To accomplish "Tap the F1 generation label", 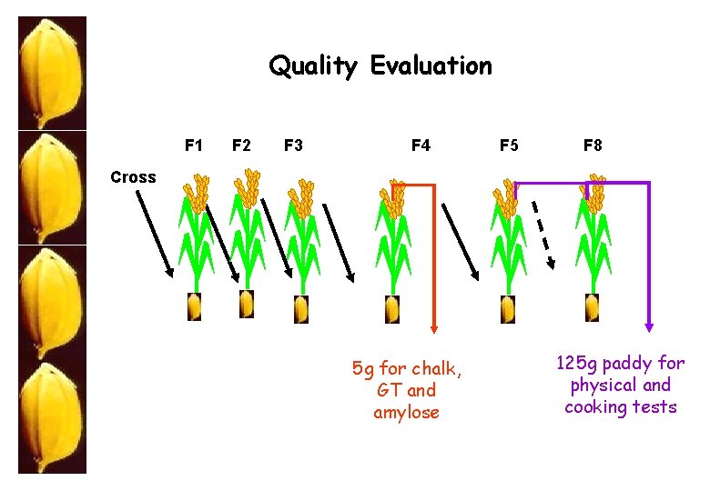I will click(x=194, y=145).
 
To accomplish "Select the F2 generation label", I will click(x=242, y=145).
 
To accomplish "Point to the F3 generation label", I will click(x=294, y=145).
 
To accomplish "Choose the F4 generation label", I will click(x=421, y=145).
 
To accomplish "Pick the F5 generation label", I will click(x=509, y=145).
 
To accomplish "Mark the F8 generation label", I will click(x=593, y=145).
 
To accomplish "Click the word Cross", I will click(x=133, y=177).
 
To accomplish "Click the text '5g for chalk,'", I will click(x=407, y=368).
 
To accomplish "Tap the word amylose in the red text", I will click(x=406, y=412).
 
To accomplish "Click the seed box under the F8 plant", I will click(x=593, y=308).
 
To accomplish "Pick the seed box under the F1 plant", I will click(x=194, y=307).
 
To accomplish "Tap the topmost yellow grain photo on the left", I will click(x=53, y=73).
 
